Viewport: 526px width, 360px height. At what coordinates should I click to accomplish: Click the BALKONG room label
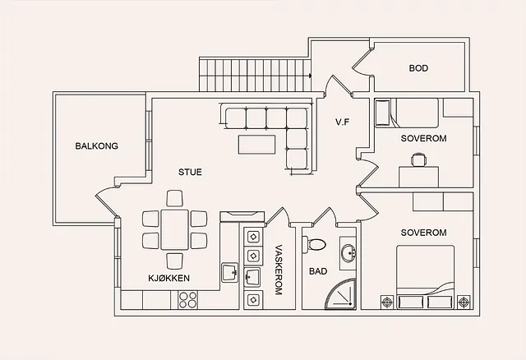point(97,146)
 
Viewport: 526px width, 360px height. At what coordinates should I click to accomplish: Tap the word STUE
point(190,172)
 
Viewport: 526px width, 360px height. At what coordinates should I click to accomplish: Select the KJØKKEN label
point(169,278)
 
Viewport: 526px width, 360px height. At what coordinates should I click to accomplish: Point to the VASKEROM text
point(279,270)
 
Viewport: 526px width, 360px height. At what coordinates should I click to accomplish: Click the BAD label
point(318,271)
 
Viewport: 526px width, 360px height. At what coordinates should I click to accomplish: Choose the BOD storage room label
point(418,68)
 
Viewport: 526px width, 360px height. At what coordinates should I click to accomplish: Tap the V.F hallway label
point(342,122)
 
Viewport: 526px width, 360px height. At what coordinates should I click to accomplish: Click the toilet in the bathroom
point(314,244)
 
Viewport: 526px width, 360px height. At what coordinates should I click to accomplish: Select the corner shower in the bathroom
point(339,293)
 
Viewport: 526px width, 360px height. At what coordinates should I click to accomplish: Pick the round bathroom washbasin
point(348,252)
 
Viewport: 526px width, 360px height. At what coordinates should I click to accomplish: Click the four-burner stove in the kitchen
point(187,300)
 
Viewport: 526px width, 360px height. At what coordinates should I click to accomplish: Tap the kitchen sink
point(230,272)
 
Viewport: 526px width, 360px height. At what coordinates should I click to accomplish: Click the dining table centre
point(174,230)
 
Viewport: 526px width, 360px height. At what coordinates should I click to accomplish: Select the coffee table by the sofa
point(257,145)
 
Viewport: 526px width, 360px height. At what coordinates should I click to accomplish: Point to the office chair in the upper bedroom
point(419,159)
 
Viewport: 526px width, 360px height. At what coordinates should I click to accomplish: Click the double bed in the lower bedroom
point(426,277)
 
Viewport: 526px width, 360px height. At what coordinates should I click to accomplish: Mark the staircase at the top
point(255,75)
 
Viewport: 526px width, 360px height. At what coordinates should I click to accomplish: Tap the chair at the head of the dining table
point(174,199)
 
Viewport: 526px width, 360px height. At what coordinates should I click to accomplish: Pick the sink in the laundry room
point(252,277)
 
